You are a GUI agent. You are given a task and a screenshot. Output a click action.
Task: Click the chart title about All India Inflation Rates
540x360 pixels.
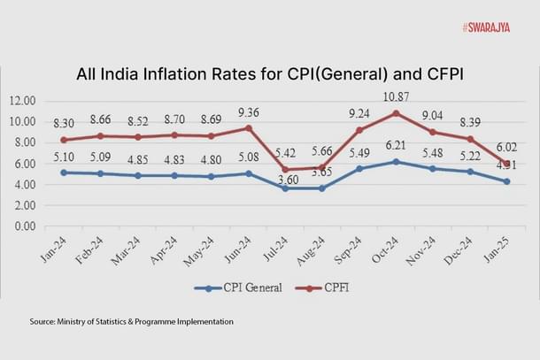[269, 74]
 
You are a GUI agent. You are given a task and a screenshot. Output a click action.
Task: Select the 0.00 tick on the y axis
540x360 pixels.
[22, 226]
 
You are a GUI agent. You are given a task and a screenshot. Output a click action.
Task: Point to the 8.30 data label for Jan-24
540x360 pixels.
[62, 124]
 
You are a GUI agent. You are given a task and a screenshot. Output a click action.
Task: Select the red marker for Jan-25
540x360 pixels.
[505, 164]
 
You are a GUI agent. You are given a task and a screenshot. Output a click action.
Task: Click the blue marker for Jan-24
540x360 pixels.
[62, 172]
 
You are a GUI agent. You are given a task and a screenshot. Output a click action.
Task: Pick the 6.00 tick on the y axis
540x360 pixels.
[22, 164]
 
